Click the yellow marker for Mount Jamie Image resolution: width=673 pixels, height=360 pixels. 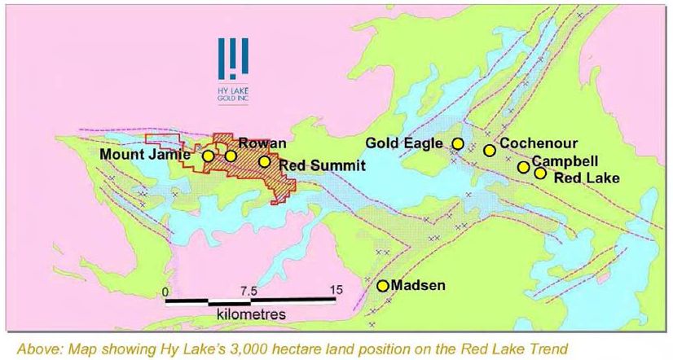pyautogui.click(x=209, y=156)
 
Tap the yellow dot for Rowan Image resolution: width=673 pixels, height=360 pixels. pyautogui.click(x=231, y=156)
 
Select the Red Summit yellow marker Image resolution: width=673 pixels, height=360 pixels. pyautogui.click(x=264, y=161)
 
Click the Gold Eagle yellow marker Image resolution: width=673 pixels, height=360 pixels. pyautogui.click(x=458, y=143)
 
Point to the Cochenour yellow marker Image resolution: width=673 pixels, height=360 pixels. pyautogui.click(x=489, y=150)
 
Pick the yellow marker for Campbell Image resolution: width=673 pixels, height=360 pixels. pyautogui.click(x=523, y=167)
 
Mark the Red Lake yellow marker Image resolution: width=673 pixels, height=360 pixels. pyautogui.click(x=539, y=173)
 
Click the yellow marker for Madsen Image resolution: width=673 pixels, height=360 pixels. pyautogui.click(x=382, y=285)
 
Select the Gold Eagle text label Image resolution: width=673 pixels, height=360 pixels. pyautogui.click(x=404, y=143)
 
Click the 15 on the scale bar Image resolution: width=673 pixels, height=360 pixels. pyautogui.click(x=335, y=291)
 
